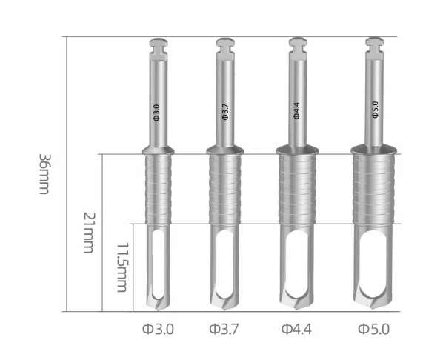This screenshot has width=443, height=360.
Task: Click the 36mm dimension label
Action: point(44,174)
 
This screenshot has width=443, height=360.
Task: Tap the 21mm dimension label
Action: point(90,233)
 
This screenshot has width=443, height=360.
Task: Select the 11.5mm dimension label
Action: point(122,267)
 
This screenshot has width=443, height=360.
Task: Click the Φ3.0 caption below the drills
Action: point(158,329)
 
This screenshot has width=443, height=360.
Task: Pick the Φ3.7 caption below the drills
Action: point(224,329)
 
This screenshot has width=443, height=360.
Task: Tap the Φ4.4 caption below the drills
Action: point(296,329)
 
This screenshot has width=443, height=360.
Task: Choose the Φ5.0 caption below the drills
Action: point(374,329)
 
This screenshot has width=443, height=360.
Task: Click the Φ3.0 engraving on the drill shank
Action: point(156,113)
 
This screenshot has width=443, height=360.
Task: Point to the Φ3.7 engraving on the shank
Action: point(225,112)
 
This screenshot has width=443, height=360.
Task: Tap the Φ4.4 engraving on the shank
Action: point(296,111)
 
